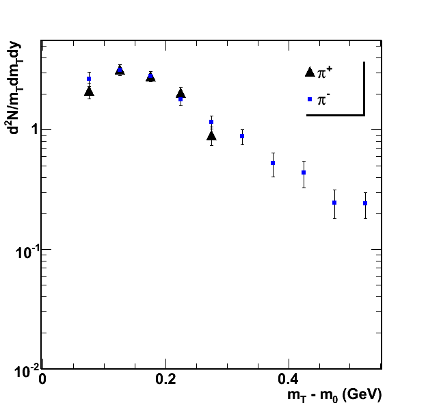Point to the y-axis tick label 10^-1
26,251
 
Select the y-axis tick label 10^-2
26,371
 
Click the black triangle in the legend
310,72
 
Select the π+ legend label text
325,72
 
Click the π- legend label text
325,99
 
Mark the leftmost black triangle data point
89,91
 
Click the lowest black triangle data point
211,136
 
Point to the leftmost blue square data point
89,79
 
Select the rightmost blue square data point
365,203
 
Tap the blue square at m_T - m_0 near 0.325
242,136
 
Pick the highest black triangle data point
120,70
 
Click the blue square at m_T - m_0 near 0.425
304,172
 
